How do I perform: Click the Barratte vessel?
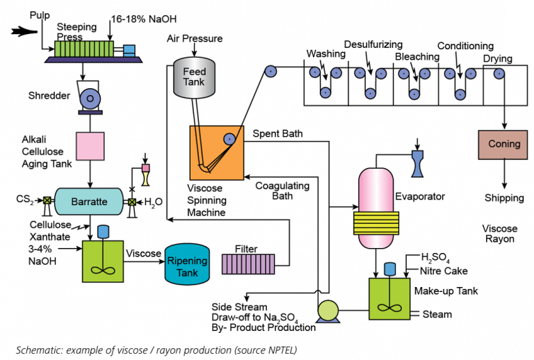coord(89,202)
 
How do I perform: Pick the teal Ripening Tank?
coord(186,265)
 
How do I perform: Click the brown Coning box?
coord(504,145)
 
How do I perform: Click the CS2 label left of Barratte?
coord(25,202)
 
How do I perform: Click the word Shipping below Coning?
coord(504,198)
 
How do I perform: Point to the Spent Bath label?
coord(277,133)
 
